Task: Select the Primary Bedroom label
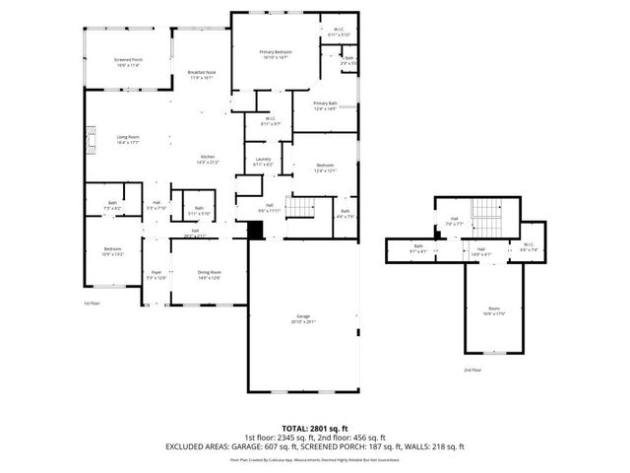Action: [276, 54]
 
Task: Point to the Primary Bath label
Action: [325, 105]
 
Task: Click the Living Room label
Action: [128, 140]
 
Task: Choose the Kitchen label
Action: [209, 160]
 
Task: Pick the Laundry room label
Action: [263, 162]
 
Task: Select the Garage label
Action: [303, 319]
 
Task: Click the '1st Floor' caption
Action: [92, 304]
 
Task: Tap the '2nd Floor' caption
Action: [472, 370]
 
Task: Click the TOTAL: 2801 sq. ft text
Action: [315, 428]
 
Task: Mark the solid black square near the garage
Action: [256, 230]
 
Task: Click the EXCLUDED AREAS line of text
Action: [315, 447]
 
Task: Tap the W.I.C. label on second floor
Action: [528, 246]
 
